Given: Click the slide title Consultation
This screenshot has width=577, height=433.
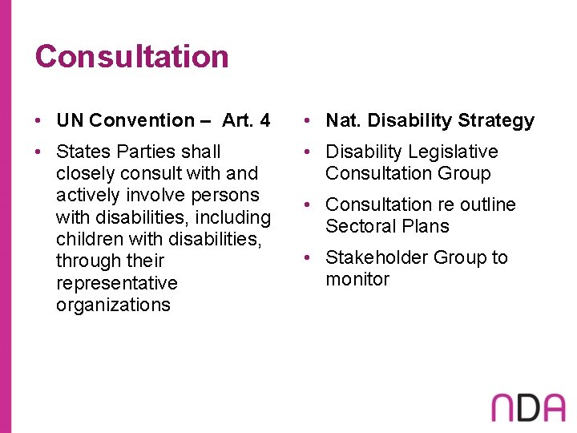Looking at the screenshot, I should [131, 57].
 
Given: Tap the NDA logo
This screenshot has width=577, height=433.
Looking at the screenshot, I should [528, 407].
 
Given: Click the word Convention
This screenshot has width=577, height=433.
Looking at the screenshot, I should [142, 121].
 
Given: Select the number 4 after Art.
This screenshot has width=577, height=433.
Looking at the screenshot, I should [265, 121].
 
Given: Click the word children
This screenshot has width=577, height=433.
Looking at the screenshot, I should [87, 239].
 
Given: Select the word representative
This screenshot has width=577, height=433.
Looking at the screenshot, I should [117, 283].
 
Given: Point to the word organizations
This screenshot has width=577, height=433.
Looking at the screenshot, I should [113, 305].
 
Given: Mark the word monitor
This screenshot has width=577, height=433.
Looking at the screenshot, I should [357, 279].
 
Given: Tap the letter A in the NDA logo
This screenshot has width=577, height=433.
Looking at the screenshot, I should [551, 407].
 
